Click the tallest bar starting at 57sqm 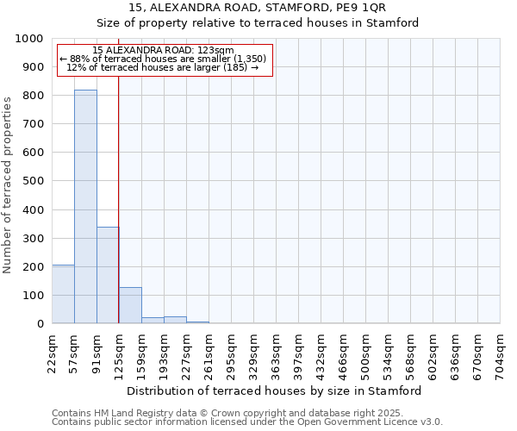pos(85,207)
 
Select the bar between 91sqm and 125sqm pos(108,275)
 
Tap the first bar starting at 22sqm pos(63,294)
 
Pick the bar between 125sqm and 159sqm pos(130,305)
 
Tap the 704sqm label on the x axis pos(501,354)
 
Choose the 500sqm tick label pos(366,354)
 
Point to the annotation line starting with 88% pos(163,59)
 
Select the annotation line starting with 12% pos(163,67)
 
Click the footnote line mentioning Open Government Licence pos(246,422)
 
